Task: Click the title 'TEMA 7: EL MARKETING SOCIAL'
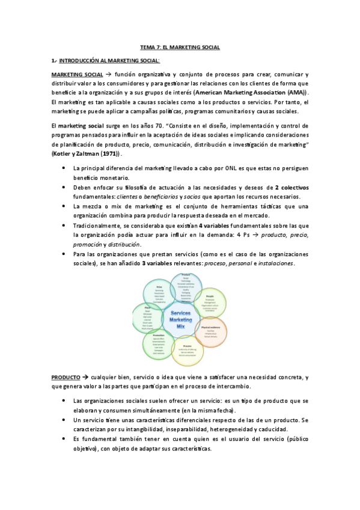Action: pos(180,46)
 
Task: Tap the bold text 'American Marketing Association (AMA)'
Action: pos(254,93)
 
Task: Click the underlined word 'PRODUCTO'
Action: pos(65,376)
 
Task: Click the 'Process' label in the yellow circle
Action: pos(187,346)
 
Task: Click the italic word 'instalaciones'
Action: pos(274,263)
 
